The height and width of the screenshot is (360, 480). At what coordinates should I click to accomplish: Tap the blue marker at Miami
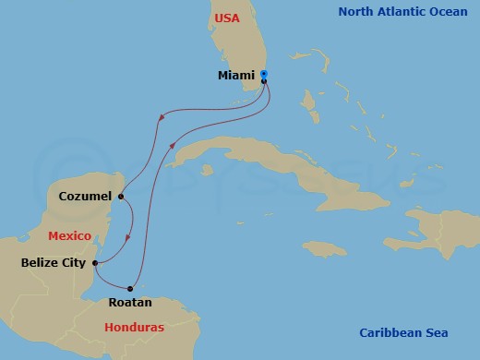(264, 74)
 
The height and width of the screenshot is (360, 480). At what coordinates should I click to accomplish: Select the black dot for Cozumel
(121, 196)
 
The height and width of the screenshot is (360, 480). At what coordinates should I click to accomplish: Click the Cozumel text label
(85, 196)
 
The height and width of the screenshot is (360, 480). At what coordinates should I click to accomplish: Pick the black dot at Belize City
(95, 263)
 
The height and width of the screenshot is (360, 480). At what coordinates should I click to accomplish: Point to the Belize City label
(54, 263)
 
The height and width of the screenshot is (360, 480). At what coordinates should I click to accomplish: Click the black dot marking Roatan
(130, 289)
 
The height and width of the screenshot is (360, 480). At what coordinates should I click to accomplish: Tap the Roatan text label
(130, 302)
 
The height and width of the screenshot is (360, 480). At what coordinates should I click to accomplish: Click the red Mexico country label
(69, 236)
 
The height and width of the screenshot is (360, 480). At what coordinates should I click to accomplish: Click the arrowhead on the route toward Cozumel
(162, 116)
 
